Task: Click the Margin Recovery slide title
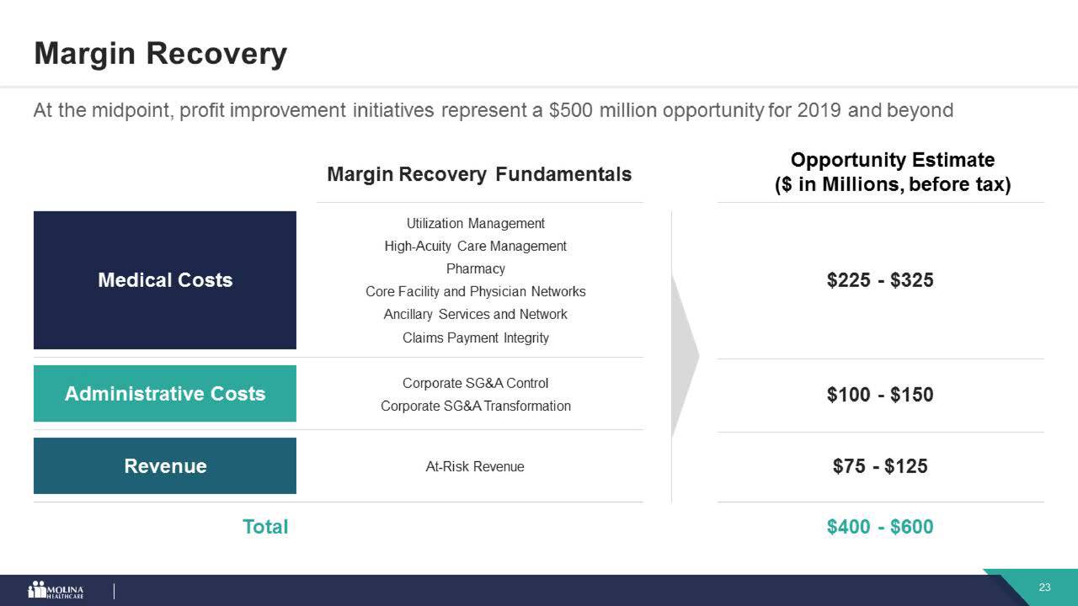click(160, 54)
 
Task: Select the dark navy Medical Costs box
click(165, 280)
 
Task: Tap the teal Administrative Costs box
click(165, 394)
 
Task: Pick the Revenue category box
click(165, 465)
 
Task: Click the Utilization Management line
click(475, 223)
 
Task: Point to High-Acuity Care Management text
click(475, 246)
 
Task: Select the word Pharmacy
click(475, 268)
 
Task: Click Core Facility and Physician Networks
click(475, 291)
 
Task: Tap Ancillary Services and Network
click(475, 314)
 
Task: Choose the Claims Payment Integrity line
click(475, 338)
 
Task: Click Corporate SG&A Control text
click(475, 383)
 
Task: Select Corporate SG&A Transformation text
click(475, 406)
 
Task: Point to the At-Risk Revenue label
click(475, 466)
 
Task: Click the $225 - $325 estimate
click(880, 280)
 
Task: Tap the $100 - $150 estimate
click(880, 395)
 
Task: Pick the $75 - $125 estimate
click(880, 466)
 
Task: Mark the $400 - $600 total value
click(880, 527)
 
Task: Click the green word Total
click(265, 527)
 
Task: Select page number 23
click(1044, 587)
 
